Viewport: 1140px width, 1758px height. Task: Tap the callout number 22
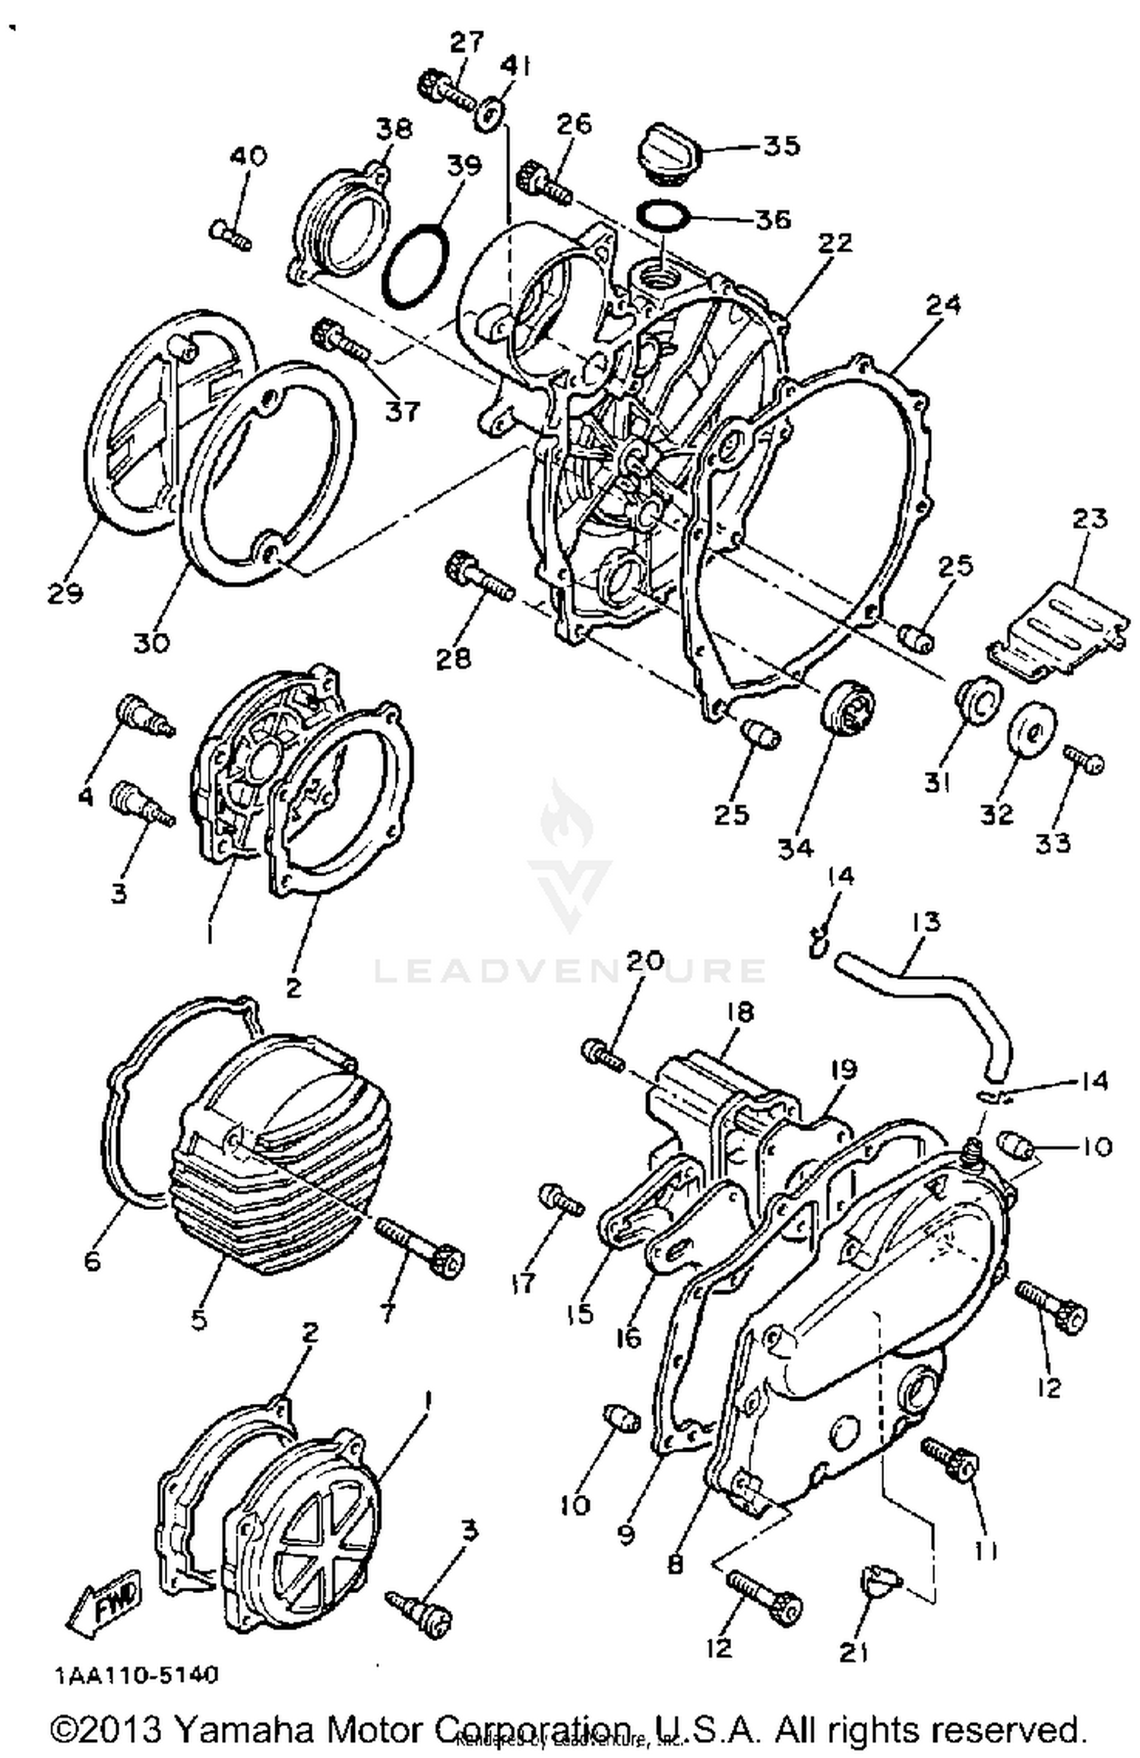point(835,244)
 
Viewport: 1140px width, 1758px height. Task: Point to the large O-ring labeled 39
point(416,266)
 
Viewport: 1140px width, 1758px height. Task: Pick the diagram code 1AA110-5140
point(137,1674)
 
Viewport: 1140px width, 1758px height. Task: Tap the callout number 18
point(739,1012)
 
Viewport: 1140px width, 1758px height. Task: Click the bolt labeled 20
point(603,1055)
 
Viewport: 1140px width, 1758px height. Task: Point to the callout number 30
point(151,643)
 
